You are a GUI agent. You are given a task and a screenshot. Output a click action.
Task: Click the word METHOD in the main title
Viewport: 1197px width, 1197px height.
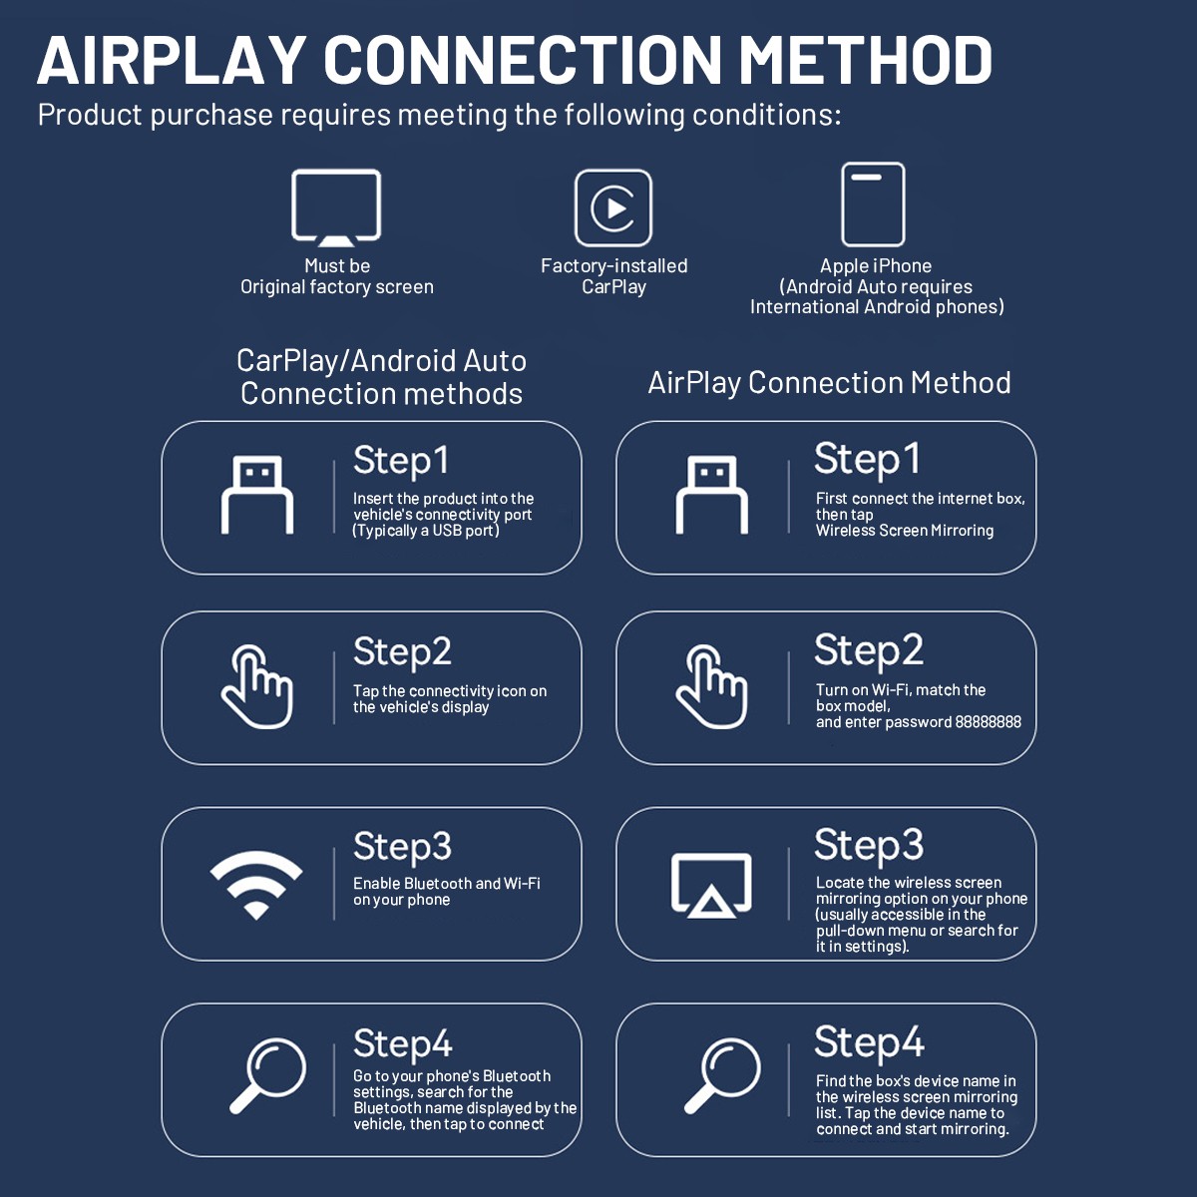865,60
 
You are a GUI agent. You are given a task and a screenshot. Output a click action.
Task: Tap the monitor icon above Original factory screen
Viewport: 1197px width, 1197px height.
336,206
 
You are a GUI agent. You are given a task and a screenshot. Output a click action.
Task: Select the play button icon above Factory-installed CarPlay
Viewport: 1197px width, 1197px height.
613,207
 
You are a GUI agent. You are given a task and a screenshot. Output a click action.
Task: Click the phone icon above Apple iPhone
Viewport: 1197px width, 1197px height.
873,204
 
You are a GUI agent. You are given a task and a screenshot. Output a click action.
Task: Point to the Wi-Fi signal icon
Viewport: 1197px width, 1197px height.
256,884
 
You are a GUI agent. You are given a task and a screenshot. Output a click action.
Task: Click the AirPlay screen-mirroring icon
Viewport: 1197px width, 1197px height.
711,885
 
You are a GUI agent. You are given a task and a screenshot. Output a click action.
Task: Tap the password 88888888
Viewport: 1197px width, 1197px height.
988,722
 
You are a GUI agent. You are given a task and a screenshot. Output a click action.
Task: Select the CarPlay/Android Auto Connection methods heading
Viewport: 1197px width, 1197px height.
381,377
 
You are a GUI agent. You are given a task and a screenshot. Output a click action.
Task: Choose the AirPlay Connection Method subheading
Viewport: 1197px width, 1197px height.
829,383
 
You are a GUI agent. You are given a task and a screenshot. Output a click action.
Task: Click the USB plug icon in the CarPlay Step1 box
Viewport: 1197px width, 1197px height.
257,495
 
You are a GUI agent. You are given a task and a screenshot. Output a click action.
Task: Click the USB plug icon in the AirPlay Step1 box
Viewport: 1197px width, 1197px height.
712,495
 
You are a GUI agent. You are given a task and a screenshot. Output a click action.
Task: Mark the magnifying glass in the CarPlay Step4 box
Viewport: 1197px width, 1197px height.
268,1075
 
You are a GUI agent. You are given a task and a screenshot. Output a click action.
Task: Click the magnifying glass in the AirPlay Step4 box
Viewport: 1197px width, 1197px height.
723,1075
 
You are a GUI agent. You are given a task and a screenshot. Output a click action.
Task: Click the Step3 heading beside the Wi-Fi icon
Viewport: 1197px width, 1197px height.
402,847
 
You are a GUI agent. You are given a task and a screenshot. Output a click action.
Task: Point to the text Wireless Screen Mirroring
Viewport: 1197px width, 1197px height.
904,531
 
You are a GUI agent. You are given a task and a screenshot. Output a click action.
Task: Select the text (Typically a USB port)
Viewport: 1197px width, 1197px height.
426,531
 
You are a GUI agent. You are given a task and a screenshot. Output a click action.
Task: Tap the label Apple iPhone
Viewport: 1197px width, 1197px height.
876,266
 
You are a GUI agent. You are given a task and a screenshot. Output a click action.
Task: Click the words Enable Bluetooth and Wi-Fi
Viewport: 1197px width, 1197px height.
446,884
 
